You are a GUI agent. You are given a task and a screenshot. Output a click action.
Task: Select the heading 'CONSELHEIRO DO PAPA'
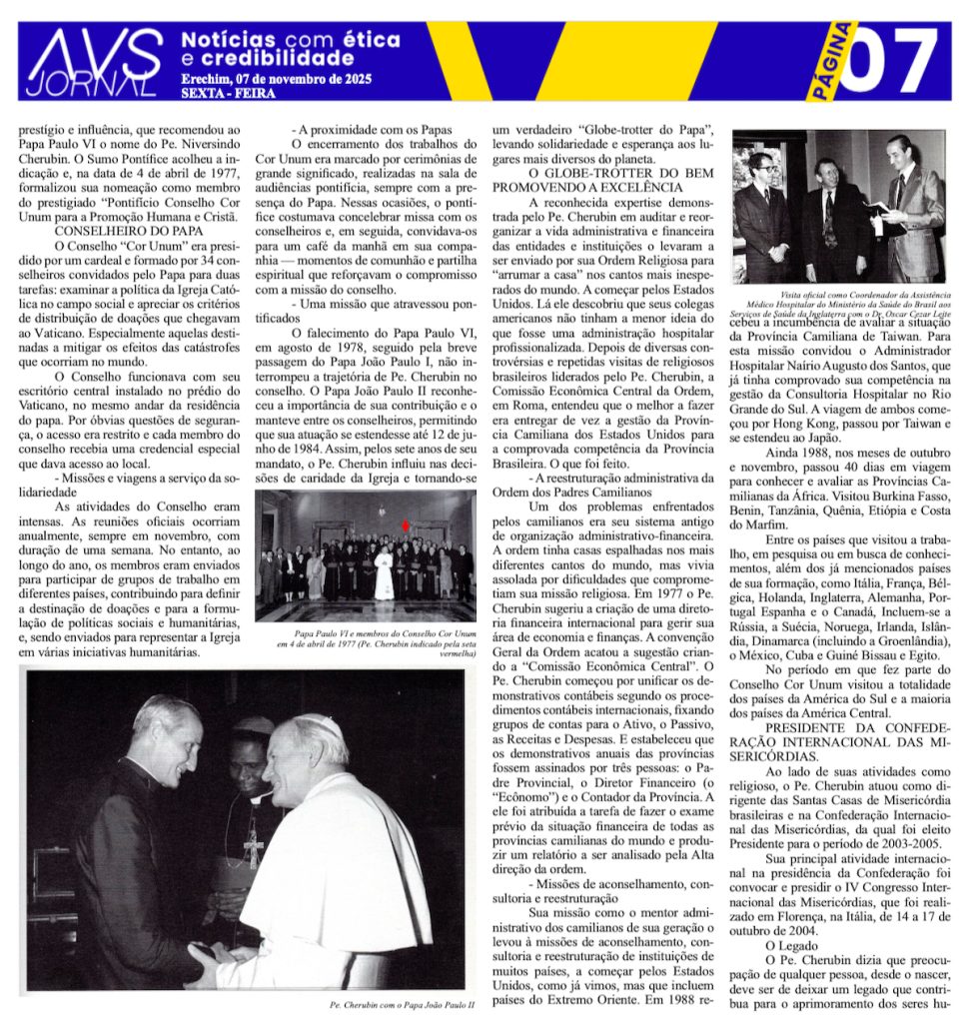[109, 229]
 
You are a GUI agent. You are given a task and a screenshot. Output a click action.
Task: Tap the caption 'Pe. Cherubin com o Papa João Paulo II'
[399, 1006]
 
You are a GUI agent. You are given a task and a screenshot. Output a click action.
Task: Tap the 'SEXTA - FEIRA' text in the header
[230, 94]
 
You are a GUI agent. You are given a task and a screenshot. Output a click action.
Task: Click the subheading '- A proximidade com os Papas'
[372, 129]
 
